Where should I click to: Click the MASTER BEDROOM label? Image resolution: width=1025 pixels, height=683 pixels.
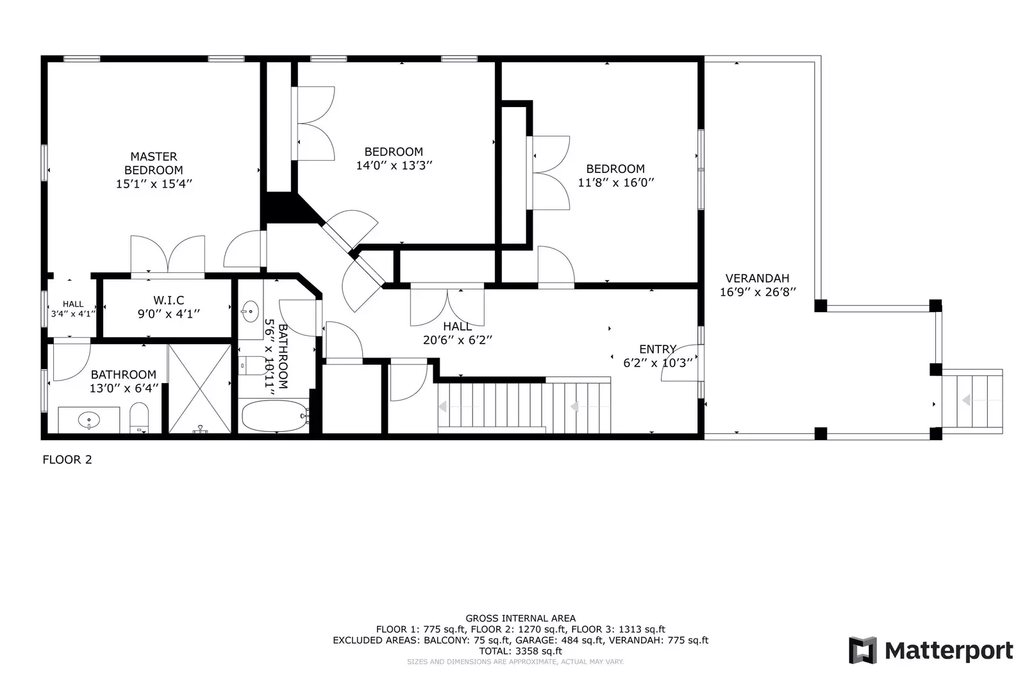pos(153,163)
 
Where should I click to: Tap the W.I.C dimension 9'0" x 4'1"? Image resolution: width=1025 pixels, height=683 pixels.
pos(169,314)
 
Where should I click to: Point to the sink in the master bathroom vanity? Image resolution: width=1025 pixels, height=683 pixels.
pos(89,420)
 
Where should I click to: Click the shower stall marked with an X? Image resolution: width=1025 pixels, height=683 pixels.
pos(199,388)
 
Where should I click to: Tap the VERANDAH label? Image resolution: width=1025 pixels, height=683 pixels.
pos(757,278)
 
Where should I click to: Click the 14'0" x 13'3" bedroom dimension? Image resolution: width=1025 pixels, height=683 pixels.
pos(394,165)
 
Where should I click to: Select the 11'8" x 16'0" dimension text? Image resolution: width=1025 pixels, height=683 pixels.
pos(615,183)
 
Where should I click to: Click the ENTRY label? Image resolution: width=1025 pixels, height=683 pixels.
pos(658,349)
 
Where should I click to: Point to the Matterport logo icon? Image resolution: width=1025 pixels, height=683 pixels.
pos(863,650)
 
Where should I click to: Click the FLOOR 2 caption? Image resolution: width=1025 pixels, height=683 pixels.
pos(67,459)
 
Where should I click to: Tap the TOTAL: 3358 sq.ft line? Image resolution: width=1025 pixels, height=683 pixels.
pos(520,651)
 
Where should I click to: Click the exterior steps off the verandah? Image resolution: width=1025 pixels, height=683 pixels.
pos(972,401)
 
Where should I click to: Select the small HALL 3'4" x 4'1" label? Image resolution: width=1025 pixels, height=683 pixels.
pos(73,309)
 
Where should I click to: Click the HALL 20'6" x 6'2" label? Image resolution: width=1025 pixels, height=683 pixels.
pos(457,333)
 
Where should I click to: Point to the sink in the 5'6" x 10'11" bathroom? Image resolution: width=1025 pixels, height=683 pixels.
pos(249,312)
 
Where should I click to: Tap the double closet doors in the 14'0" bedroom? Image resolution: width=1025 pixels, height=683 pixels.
pos(315,124)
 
